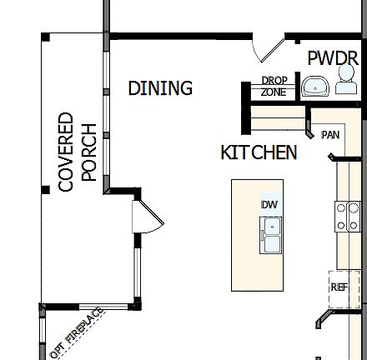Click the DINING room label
click(160, 87)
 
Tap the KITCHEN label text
click(259, 152)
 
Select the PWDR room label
click(333, 58)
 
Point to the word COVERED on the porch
click(67, 152)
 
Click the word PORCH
click(89, 152)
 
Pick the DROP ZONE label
click(274, 86)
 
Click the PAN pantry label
click(330, 133)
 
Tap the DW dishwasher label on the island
click(269, 205)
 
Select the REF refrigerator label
click(339, 287)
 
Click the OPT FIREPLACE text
click(77, 332)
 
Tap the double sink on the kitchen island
click(270, 234)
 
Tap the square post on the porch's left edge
click(44, 190)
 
